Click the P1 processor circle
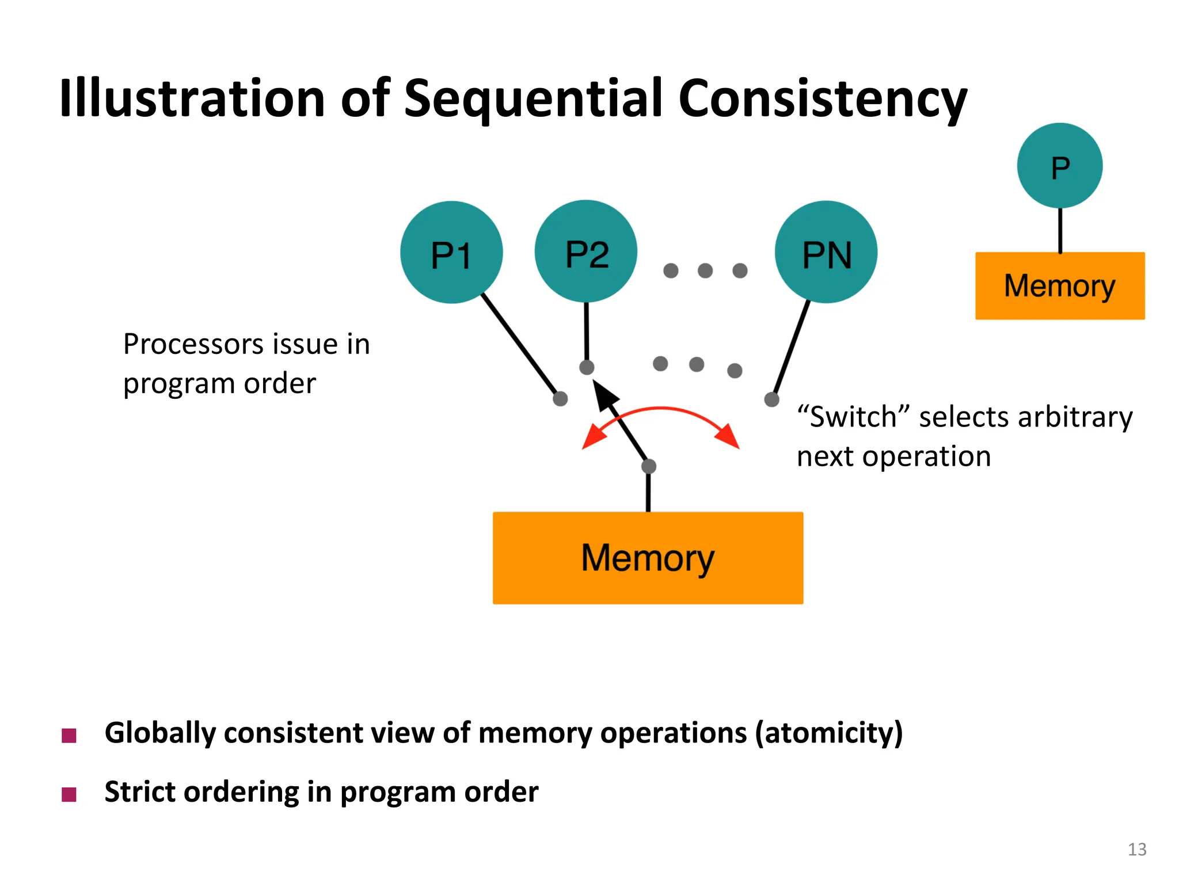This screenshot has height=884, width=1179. point(451,252)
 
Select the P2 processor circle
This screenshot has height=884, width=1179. point(585,252)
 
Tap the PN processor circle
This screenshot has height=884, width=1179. point(826,252)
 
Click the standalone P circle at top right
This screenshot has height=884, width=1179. point(1059,166)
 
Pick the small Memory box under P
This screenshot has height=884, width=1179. point(1059,285)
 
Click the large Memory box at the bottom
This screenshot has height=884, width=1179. point(648,557)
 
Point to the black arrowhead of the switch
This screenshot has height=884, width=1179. point(604,395)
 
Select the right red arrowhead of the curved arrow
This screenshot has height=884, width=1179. point(728,437)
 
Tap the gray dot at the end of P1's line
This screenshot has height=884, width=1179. point(560,398)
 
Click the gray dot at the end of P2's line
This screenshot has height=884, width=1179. point(587,367)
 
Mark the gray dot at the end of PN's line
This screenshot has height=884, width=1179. point(771,399)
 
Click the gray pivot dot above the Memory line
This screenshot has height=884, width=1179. point(649,466)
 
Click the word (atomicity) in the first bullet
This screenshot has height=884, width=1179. point(828,734)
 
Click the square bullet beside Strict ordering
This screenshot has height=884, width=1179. point(69,794)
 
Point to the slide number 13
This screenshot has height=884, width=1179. point(1136,849)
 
